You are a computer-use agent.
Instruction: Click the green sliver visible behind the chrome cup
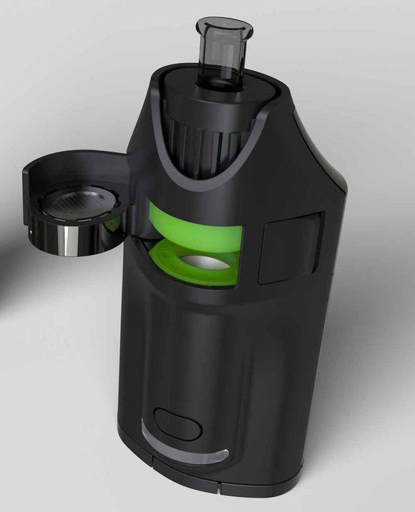[x=112, y=226]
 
